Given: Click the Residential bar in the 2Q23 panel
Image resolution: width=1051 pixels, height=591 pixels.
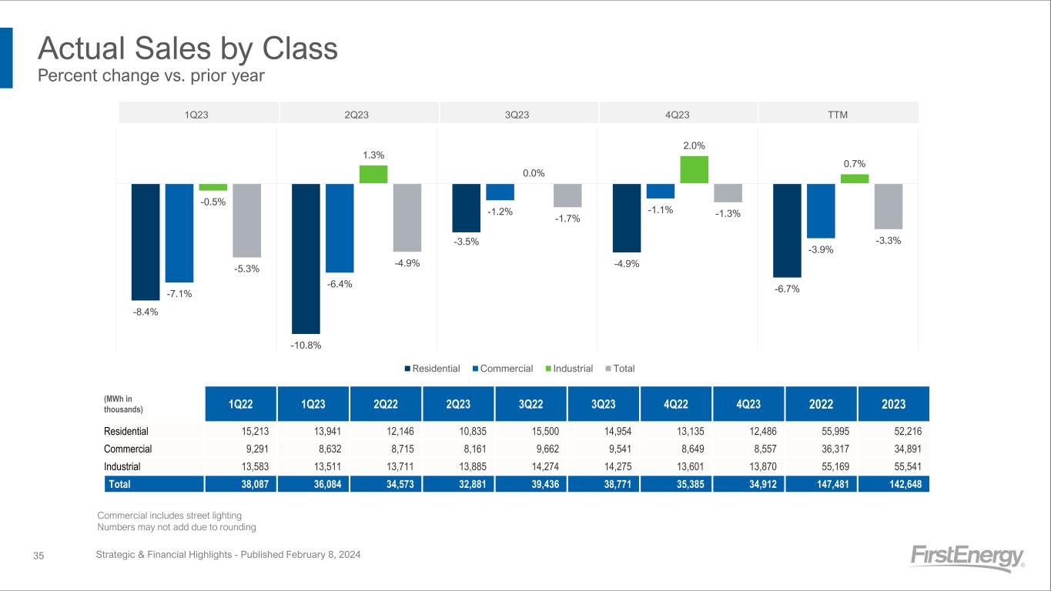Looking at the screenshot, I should [x=306, y=258].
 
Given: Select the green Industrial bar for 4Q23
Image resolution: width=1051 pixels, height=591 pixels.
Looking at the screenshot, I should [x=694, y=170].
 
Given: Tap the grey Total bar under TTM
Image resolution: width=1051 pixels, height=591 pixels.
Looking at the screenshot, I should [x=888, y=206].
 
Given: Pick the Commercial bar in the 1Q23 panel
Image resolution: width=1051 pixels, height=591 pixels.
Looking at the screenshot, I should [x=179, y=232].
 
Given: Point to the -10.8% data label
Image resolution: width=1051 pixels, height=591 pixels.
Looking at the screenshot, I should [x=306, y=345].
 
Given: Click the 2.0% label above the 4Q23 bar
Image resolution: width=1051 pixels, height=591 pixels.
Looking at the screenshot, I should [x=694, y=145].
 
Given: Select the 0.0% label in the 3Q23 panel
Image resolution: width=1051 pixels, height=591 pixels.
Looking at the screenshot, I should [x=534, y=173].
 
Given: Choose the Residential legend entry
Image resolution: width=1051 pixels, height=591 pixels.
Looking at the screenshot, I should [x=432, y=369].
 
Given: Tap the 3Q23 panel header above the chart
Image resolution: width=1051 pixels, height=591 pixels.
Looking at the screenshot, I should [x=517, y=115].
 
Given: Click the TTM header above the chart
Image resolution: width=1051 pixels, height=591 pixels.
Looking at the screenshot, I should [x=837, y=115].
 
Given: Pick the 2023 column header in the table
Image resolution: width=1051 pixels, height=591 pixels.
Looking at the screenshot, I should [x=894, y=404].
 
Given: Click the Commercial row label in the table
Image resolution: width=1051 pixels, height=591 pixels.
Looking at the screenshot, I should [x=128, y=449].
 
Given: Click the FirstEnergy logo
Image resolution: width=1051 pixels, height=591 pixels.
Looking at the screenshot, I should [x=967, y=558].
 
